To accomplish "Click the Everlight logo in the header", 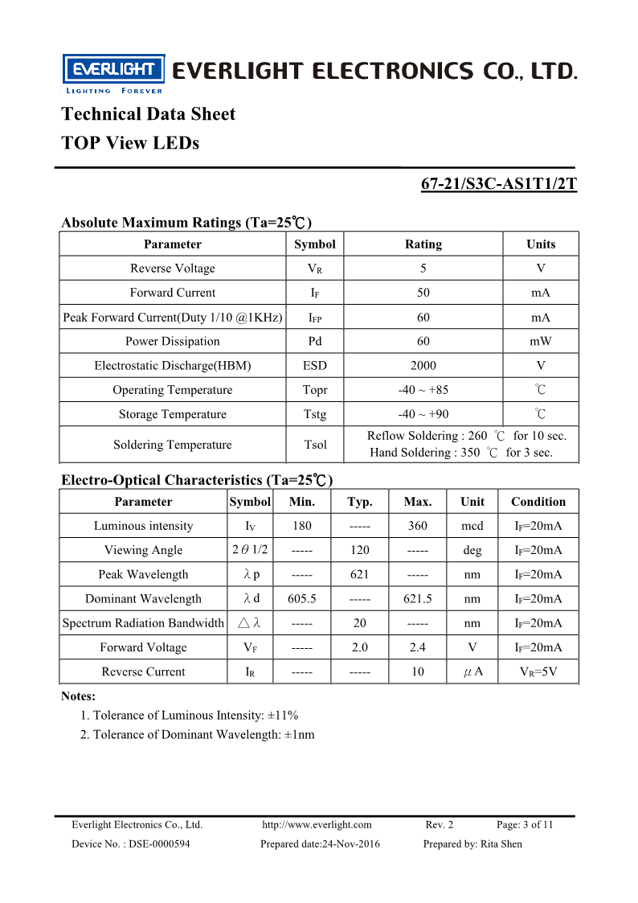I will (x=113, y=72).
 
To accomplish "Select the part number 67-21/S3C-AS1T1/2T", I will (x=499, y=183).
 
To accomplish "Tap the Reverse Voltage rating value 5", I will (x=423, y=269).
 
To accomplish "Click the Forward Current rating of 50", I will (x=423, y=293).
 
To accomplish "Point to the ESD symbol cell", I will (x=315, y=366).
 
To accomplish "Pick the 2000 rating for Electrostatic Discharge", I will (x=423, y=366).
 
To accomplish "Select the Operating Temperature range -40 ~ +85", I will (x=423, y=390).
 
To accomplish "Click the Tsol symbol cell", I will (x=315, y=445).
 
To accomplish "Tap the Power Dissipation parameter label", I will (x=172, y=341).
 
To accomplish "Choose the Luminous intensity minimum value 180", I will (x=302, y=526).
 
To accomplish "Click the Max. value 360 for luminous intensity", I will (x=418, y=526).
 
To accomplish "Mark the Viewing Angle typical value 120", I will (x=360, y=550).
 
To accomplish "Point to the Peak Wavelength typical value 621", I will (x=360, y=574).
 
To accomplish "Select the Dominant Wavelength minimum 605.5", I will (x=302, y=598).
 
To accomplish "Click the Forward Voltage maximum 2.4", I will (x=418, y=647).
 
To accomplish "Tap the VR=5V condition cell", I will (x=538, y=671).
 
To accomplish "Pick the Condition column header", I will (x=538, y=502).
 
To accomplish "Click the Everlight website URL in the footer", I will (x=317, y=824).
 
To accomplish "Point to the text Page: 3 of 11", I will (x=525, y=824).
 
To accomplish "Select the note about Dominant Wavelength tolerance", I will (x=197, y=734).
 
